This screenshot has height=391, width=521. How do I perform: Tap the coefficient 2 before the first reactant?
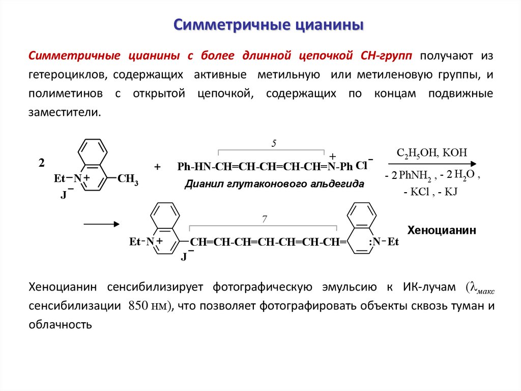[42, 163]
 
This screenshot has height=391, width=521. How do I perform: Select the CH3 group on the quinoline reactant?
[128, 179]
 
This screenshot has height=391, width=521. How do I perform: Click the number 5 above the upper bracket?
[273, 144]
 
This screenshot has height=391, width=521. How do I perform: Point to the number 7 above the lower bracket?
[264, 219]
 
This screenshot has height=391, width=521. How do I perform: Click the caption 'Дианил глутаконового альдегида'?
[274, 184]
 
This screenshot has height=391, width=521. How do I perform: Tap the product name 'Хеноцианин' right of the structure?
[442, 230]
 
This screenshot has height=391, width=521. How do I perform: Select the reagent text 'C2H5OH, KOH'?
[431, 152]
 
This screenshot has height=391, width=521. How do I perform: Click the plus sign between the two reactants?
[157, 167]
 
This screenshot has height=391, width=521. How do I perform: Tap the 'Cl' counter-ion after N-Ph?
[361, 166]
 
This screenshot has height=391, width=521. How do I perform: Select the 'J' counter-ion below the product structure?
[184, 257]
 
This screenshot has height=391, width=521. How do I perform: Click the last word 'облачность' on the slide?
[60, 324]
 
